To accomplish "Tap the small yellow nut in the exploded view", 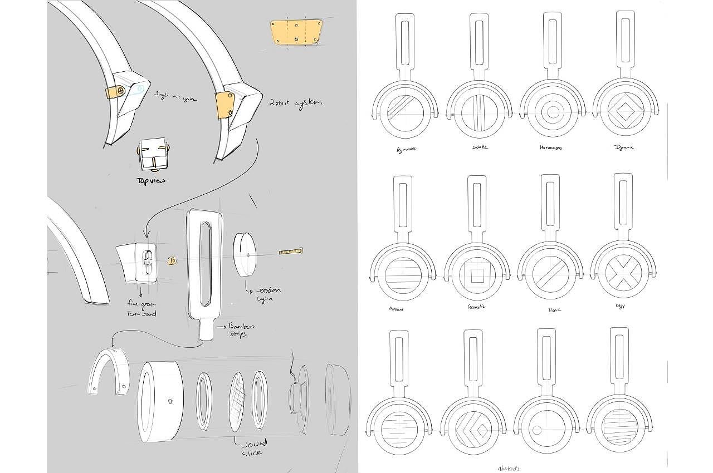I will click(x=173, y=259).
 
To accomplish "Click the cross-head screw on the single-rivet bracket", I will click(x=121, y=91).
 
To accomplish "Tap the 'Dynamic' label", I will click(x=624, y=147).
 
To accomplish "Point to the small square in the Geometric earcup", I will click(x=476, y=275).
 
